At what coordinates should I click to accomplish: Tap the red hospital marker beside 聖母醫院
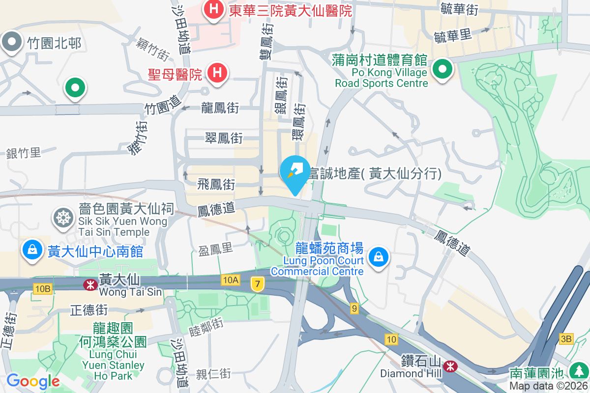[x=217, y=74]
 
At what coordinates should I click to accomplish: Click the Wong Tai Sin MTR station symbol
[x=90, y=284]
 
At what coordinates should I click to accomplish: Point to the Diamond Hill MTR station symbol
[x=449, y=366]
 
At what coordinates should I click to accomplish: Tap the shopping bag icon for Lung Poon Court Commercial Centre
[x=379, y=257]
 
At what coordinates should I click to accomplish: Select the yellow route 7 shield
[x=257, y=283]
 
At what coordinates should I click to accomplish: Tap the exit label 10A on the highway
[x=230, y=280]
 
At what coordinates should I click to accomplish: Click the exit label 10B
[x=42, y=289]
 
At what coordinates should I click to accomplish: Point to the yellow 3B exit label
[x=566, y=338]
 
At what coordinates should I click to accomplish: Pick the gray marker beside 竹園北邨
[x=12, y=42]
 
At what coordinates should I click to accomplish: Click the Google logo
[x=32, y=381]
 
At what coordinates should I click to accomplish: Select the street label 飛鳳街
[x=216, y=185]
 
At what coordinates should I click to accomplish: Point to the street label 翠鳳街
[x=224, y=138]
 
